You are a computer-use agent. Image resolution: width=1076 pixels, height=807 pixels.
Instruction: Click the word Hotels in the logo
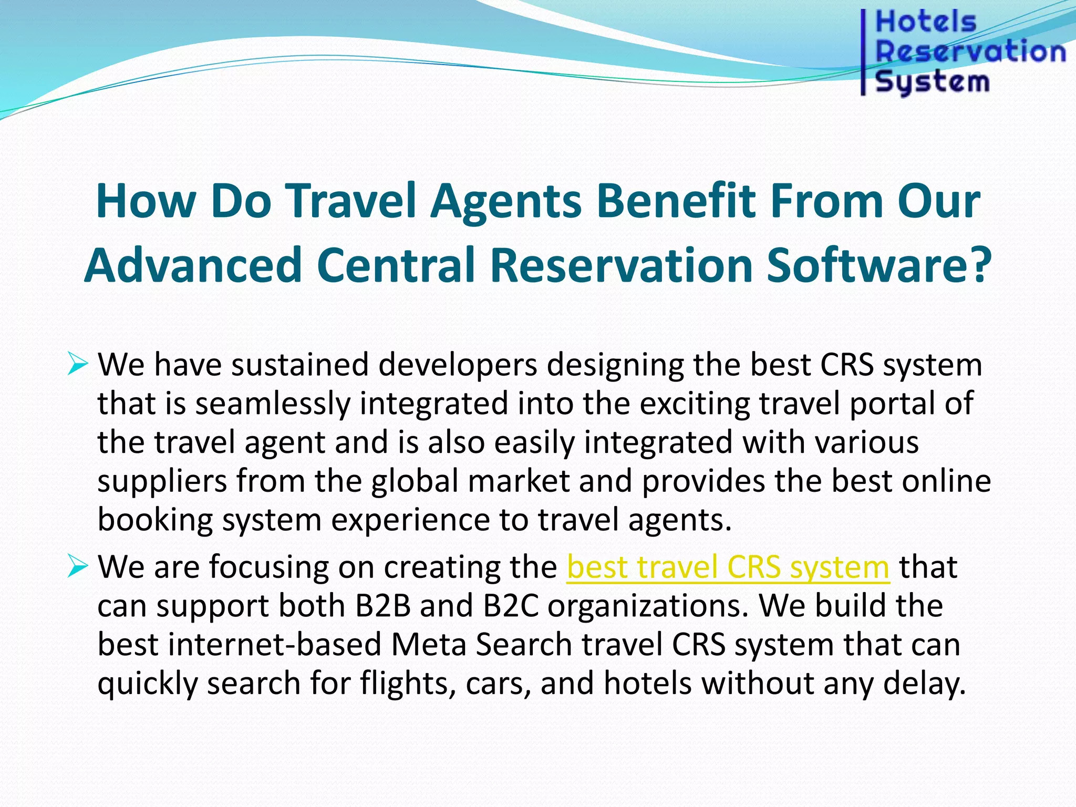tap(925, 23)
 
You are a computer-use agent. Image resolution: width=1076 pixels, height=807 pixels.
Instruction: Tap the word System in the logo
tap(932, 82)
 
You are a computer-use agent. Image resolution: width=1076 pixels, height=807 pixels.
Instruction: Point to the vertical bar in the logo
tap(863, 53)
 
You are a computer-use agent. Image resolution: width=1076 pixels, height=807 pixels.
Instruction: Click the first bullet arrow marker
tap(77, 364)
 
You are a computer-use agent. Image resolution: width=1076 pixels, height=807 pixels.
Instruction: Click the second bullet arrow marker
tap(77, 567)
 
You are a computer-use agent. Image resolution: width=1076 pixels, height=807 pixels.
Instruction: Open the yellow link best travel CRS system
tap(728, 568)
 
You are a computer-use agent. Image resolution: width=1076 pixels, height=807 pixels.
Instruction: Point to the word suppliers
tap(161, 482)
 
